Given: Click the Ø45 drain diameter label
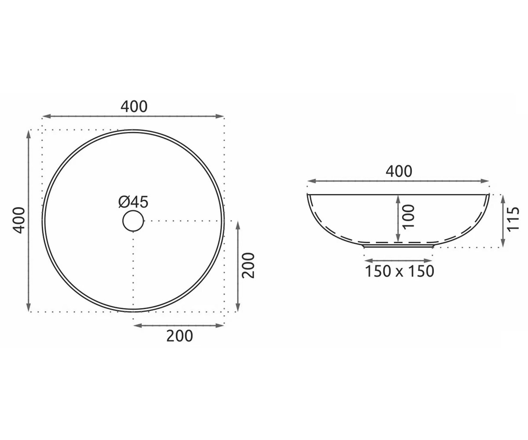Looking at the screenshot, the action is coord(133,202).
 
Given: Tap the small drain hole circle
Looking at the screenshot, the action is coord(133,221).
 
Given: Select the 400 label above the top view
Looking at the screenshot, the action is coord(134,106).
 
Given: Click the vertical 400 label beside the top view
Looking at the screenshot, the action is coord(19,220).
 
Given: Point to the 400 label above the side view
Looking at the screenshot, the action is coord(399,171).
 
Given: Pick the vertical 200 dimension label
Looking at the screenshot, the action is coord(248,265).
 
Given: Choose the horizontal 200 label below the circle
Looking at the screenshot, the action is coord(180,336).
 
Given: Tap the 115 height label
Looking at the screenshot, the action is coord(513,219).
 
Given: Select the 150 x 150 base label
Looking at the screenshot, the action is coord(400,271).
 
